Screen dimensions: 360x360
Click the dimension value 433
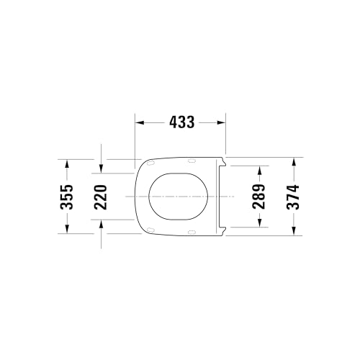[181, 122]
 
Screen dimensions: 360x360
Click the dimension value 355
[66, 196]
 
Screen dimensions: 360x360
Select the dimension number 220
[101, 196]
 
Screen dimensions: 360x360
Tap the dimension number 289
[258, 196]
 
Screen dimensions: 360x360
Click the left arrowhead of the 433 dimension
[140, 122]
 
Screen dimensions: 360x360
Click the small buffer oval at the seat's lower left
[150, 230]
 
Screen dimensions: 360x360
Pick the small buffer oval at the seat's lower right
[192, 230]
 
